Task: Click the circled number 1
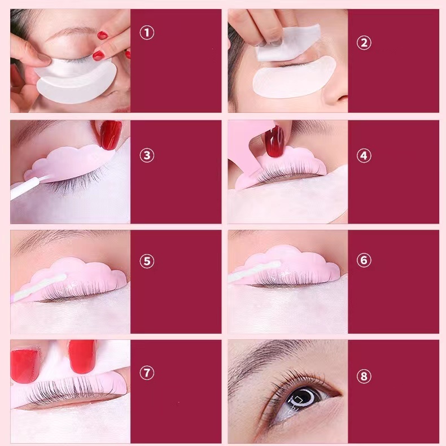tap(147, 33)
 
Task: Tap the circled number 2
tap(364, 43)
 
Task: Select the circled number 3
tap(147, 155)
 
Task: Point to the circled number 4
tap(364, 156)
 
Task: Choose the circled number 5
tap(147, 261)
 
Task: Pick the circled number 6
tap(364, 260)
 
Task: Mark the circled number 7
tap(147, 373)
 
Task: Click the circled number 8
tap(364, 377)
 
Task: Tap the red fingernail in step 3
tap(111, 134)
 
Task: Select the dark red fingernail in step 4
tap(274, 142)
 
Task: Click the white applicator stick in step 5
tap(40, 287)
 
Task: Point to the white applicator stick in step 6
tap(255, 272)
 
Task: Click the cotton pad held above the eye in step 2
tap(287, 42)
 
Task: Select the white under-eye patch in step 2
tap(294, 79)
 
